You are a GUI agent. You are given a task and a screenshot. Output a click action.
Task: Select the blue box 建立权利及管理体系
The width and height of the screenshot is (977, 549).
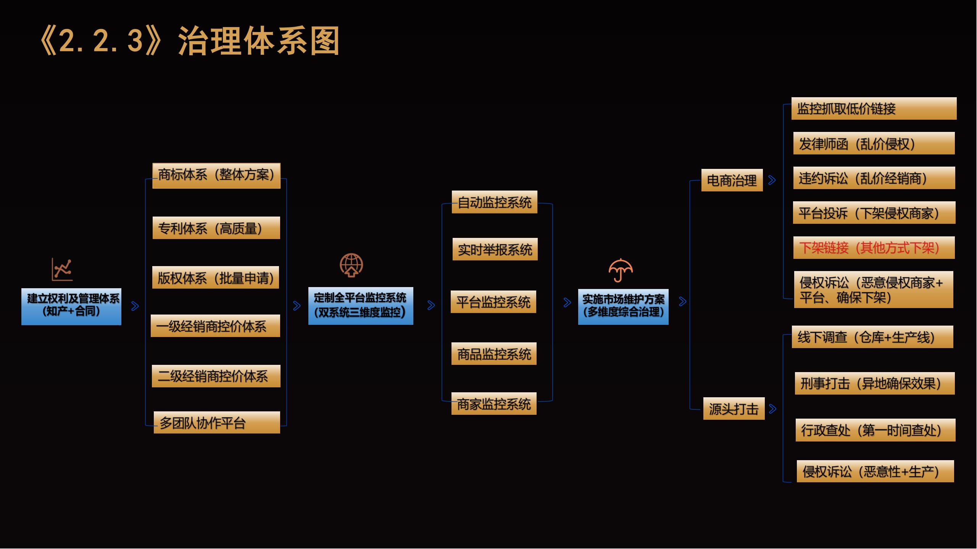point(71,307)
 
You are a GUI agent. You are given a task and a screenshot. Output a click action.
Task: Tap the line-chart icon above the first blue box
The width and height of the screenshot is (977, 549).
point(62,270)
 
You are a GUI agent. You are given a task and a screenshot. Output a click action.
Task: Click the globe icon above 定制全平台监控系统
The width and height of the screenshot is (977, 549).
point(351,265)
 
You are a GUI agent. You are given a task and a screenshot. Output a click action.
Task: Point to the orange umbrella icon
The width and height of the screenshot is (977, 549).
point(621,270)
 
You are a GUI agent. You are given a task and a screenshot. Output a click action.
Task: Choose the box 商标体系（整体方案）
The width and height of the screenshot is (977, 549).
point(216,176)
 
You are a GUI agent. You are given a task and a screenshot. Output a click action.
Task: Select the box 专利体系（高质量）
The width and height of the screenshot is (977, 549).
point(216,228)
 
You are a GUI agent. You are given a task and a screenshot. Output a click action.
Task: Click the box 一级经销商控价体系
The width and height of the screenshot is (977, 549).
point(215,326)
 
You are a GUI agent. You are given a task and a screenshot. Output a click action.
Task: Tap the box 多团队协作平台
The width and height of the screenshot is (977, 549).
point(217,422)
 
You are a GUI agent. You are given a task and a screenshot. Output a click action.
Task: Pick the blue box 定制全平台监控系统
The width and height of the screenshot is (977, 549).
point(361,306)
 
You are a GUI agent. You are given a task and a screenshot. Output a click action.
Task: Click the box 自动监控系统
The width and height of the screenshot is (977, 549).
point(495,202)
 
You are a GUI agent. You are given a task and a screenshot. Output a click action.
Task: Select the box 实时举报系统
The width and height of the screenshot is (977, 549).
point(495,249)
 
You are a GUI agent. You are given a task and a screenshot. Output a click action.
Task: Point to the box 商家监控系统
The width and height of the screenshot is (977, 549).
point(494,403)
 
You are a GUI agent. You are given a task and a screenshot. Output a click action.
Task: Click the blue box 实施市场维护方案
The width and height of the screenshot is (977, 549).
point(623,307)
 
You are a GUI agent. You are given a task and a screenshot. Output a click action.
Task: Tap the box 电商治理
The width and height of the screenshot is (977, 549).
point(732,180)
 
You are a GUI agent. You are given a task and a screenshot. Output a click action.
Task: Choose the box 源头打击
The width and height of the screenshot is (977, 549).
point(734,408)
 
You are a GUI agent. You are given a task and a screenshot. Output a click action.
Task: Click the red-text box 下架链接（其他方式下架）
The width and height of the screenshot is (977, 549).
point(874,247)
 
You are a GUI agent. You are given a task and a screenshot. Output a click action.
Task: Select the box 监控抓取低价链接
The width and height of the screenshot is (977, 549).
point(874,109)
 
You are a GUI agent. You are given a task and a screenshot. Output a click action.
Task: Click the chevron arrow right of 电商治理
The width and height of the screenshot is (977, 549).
point(772,180)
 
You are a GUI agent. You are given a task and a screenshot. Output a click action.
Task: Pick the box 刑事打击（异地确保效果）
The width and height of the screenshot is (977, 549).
point(875,383)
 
